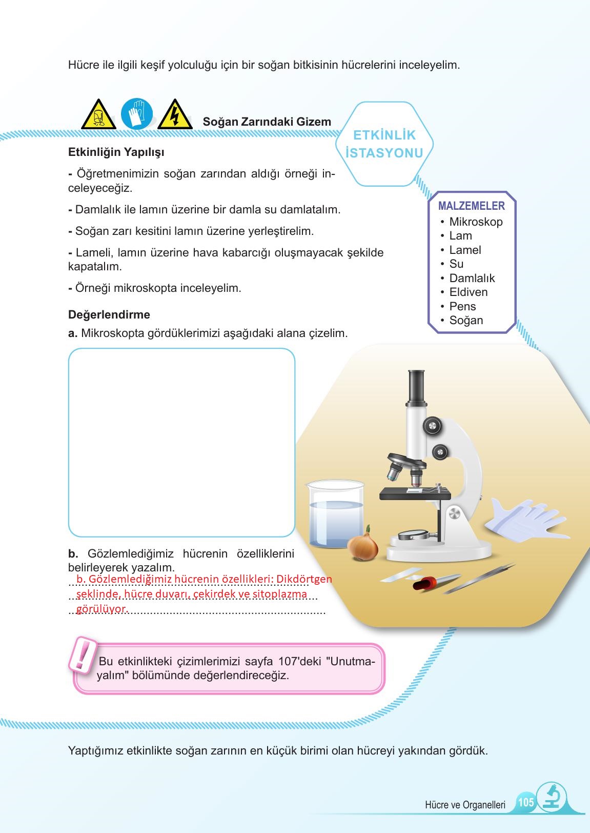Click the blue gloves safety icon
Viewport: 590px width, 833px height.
point(137,114)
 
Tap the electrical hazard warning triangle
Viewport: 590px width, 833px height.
point(174,115)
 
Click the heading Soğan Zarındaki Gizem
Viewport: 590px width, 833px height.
point(267,122)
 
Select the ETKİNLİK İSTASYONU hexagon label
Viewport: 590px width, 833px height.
point(384,144)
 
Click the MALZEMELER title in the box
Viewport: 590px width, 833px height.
point(471,206)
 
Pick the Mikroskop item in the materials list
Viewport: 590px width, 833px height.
point(476,222)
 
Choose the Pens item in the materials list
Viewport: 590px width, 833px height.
point(462,306)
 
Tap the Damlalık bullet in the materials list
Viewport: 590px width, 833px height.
point(472,278)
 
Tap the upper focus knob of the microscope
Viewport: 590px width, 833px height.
point(432,425)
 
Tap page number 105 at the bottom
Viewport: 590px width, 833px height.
point(526,802)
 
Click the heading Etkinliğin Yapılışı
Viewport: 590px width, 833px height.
point(116,152)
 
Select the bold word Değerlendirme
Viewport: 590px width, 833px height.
point(109,314)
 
